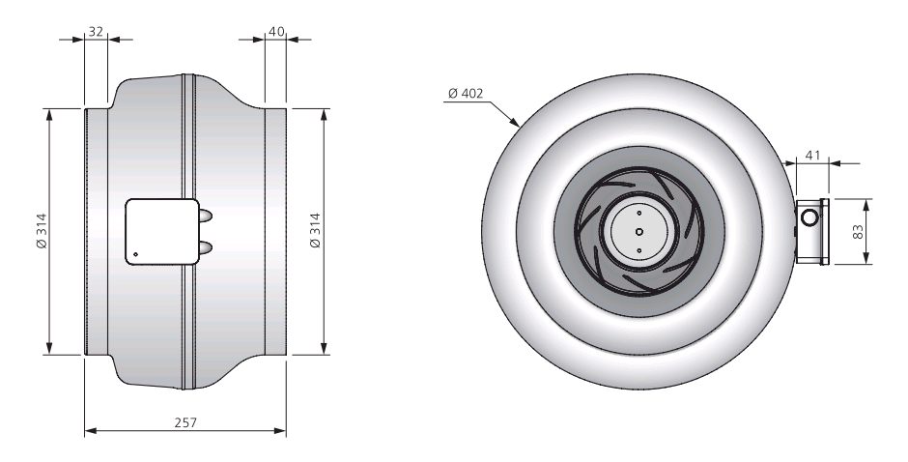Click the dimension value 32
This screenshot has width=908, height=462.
[x=97, y=31]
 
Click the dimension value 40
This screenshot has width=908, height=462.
[x=277, y=31]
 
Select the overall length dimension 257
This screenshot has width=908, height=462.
[x=185, y=422]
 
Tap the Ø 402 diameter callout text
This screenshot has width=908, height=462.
[x=466, y=93]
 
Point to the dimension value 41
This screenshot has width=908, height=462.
[x=813, y=155]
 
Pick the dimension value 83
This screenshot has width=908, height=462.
[x=858, y=231]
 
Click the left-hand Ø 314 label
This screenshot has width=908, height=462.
[x=42, y=232]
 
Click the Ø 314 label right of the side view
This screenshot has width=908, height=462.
[x=315, y=231]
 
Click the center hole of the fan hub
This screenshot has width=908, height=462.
[x=638, y=232]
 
